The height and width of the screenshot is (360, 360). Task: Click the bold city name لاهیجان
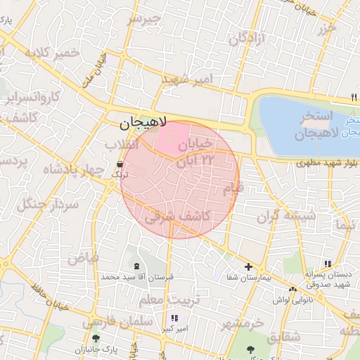point(140,124)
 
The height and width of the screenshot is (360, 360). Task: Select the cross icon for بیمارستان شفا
point(248,266)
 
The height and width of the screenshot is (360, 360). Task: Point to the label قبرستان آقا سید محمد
point(136,278)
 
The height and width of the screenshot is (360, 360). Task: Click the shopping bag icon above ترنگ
point(119,168)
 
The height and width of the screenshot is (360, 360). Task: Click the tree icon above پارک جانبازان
point(105,338)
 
